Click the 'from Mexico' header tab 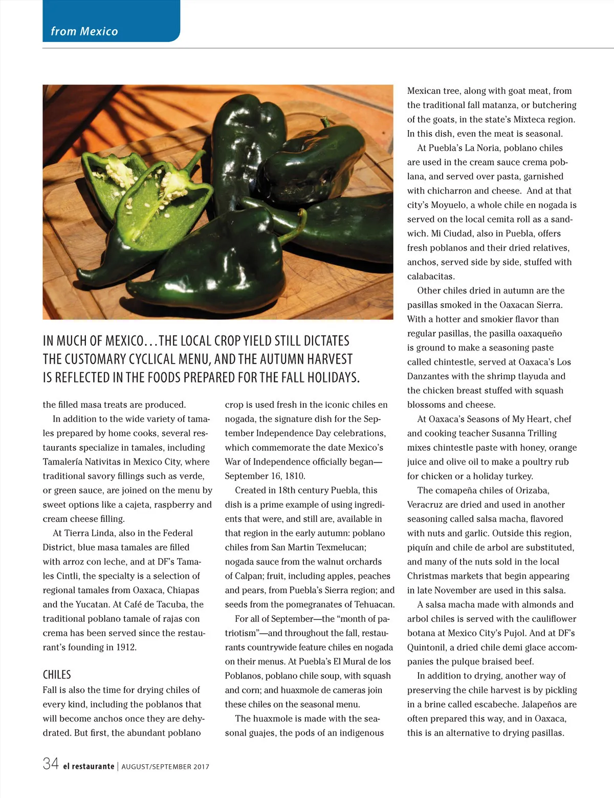click(84, 31)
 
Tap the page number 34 click(51, 764)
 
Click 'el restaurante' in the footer click(89, 766)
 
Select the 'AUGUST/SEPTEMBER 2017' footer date click(165, 767)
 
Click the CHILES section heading click(57, 675)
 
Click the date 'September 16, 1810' click(265, 476)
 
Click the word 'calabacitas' click(430, 277)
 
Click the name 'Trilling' click(542, 433)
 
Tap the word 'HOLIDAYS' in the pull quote click(333, 378)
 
